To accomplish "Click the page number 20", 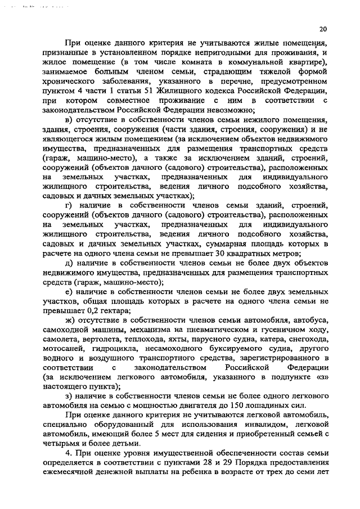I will (322, 29).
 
